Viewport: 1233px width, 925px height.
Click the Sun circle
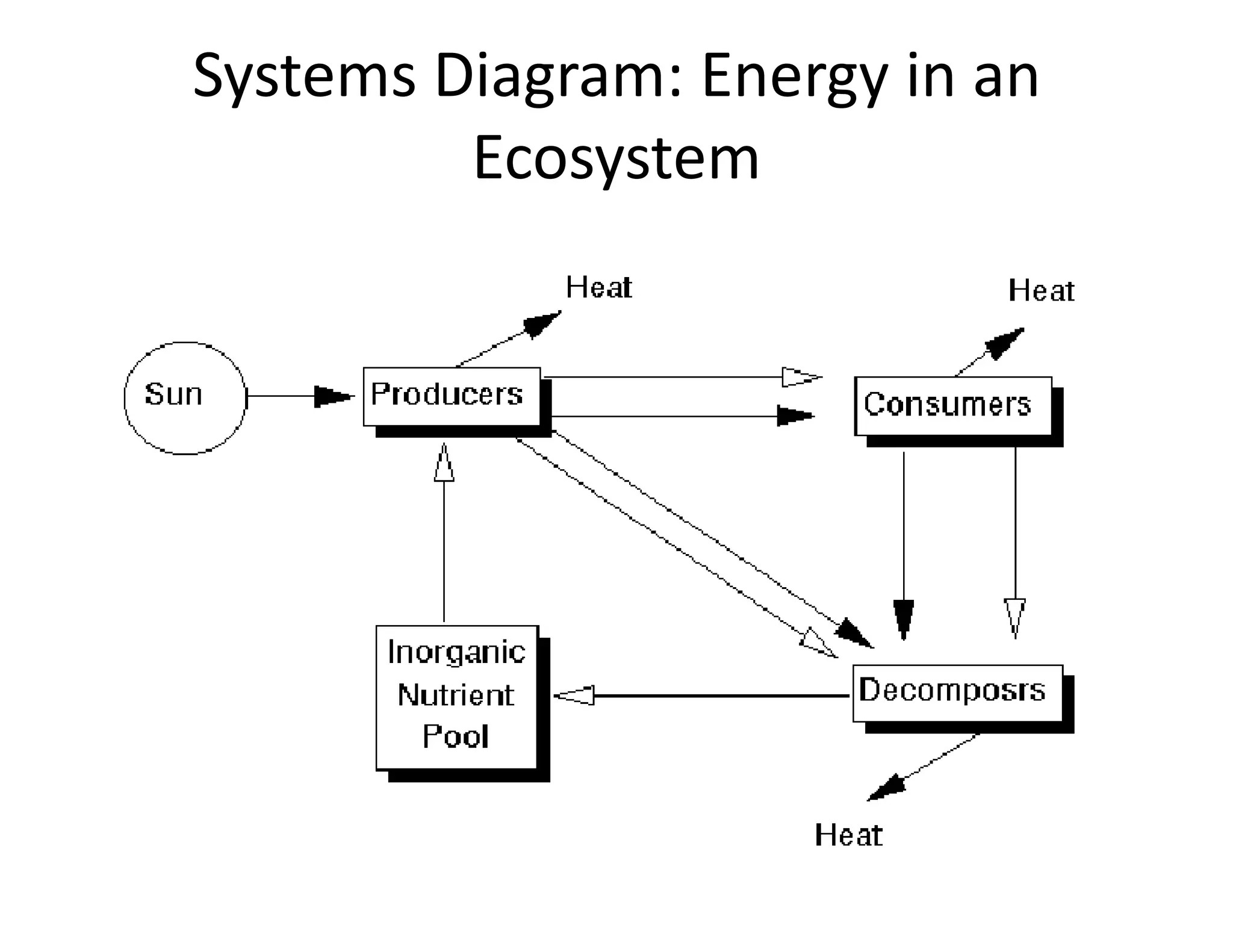pos(185,397)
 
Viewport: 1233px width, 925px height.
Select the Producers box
pos(452,396)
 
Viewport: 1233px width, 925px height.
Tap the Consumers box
pos(952,405)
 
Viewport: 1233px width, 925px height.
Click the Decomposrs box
pos(957,693)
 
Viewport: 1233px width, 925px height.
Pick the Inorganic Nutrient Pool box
pos(456,697)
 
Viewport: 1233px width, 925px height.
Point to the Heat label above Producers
pos(598,288)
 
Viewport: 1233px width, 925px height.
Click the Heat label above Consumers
pos(1041,291)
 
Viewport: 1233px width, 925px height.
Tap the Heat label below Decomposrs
pos(848,836)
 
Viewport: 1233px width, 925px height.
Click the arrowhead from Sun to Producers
pos(333,397)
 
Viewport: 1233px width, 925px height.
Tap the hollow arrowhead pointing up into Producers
pos(444,464)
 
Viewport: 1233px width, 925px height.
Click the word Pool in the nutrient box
pos(455,737)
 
